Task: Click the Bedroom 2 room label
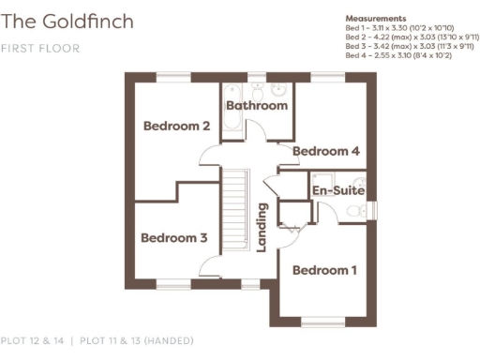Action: pyautogui.click(x=175, y=126)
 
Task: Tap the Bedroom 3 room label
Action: pyautogui.click(x=173, y=238)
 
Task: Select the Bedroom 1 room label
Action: pyautogui.click(x=324, y=271)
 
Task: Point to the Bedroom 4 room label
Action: pyautogui.click(x=326, y=151)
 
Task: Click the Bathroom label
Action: pyautogui.click(x=257, y=106)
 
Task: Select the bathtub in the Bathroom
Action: pyautogui.click(x=233, y=90)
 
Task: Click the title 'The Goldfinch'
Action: pyautogui.click(x=67, y=21)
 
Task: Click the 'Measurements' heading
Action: pyautogui.click(x=376, y=18)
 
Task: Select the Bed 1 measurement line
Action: pyautogui.click(x=400, y=28)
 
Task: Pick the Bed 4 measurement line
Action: pyautogui.click(x=399, y=54)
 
